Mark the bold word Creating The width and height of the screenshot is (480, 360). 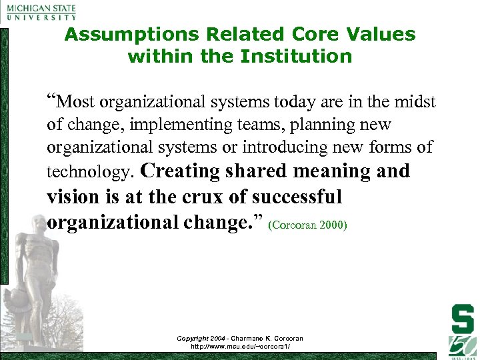point(181,171)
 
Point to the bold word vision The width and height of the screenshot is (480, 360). point(73,197)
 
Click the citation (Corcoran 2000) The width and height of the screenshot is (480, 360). point(307,225)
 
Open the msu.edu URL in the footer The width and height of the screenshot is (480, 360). point(240,347)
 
